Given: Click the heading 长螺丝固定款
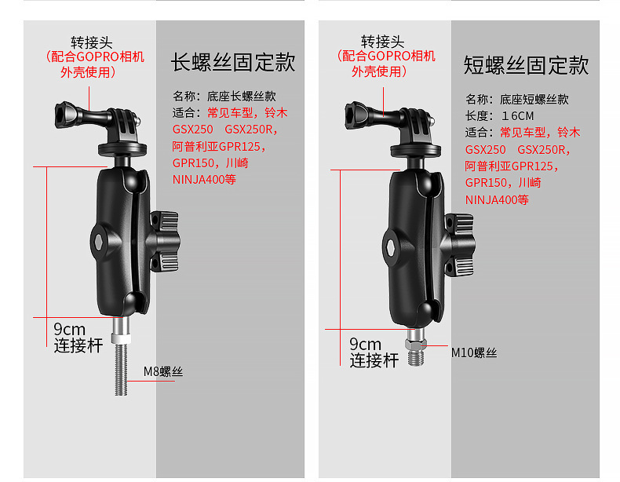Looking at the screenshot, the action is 233,62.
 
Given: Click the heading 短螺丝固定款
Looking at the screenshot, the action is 526,65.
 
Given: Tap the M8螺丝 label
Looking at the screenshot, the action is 163,371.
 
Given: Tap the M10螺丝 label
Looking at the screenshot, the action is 474,352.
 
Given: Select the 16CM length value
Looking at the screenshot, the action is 518,116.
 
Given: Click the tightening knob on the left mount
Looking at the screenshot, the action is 165,241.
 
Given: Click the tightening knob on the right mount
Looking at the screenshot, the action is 459,244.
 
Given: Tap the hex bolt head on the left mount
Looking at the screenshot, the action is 98,241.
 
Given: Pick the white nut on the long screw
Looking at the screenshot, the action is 120,338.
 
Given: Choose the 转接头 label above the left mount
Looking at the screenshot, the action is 91,42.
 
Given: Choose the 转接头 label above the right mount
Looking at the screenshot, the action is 382,42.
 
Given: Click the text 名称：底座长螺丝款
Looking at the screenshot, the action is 224,96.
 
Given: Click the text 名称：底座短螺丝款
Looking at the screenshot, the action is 517,99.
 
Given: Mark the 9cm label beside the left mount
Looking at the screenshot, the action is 70,330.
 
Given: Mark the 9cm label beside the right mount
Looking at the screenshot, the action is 366,345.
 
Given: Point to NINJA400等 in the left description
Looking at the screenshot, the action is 204,180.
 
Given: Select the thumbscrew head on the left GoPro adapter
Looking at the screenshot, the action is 66,115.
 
